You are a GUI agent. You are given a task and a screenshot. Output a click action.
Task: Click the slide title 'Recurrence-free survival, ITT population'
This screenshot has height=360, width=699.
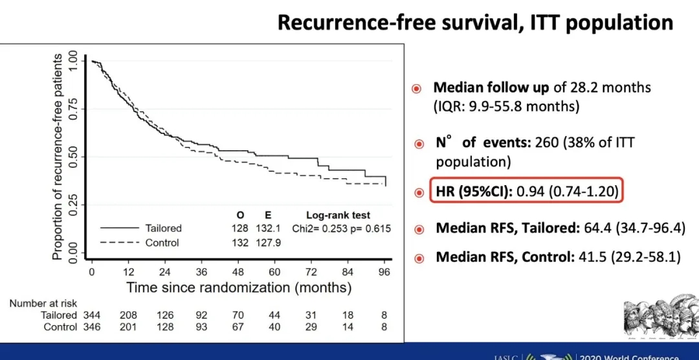[475, 23]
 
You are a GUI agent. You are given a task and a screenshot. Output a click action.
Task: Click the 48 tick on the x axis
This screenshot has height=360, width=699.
[239, 272]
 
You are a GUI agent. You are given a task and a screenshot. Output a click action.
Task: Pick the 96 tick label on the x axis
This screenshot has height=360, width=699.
[384, 272]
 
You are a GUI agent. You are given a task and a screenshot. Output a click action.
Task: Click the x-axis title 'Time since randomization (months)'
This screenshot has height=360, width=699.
[239, 287]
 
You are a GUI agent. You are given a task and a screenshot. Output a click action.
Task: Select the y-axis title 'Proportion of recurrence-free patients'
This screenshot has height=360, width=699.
[58, 157]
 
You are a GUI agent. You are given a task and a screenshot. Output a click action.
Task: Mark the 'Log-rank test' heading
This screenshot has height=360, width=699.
[338, 215]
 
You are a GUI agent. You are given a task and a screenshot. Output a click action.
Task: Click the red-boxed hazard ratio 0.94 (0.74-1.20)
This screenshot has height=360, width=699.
[573, 192]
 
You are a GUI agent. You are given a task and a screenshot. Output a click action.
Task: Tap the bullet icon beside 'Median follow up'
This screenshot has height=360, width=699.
[417, 88]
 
